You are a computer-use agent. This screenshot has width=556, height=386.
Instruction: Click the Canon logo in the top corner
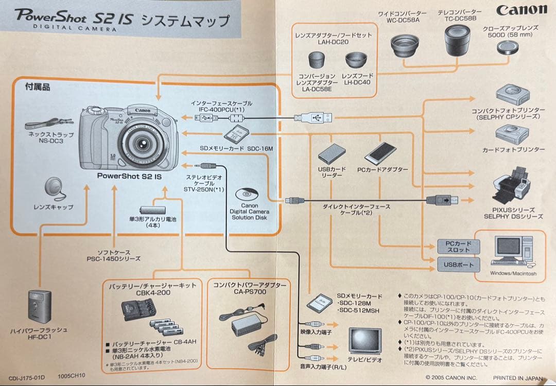[521, 10]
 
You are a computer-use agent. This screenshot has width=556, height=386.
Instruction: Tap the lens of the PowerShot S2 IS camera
[138, 143]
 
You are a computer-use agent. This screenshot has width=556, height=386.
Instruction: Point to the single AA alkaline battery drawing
[152, 210]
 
